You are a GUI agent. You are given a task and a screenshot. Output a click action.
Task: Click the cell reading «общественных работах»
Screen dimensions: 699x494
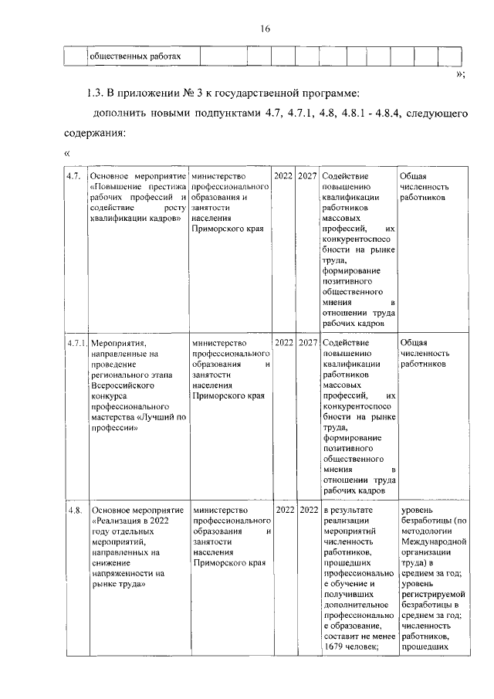point(135,56)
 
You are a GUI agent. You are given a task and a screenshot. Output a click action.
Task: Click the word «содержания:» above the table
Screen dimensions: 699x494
point(94,134)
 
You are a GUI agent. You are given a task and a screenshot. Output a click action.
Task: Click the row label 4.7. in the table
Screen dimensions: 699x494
point(74,177)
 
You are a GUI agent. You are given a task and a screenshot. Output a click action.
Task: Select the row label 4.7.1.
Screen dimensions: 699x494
point(76,343)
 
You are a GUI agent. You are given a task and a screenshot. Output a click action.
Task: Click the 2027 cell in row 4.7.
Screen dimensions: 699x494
point(308,177)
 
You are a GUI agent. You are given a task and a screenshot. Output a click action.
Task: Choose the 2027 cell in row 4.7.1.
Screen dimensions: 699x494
point(308,343)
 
